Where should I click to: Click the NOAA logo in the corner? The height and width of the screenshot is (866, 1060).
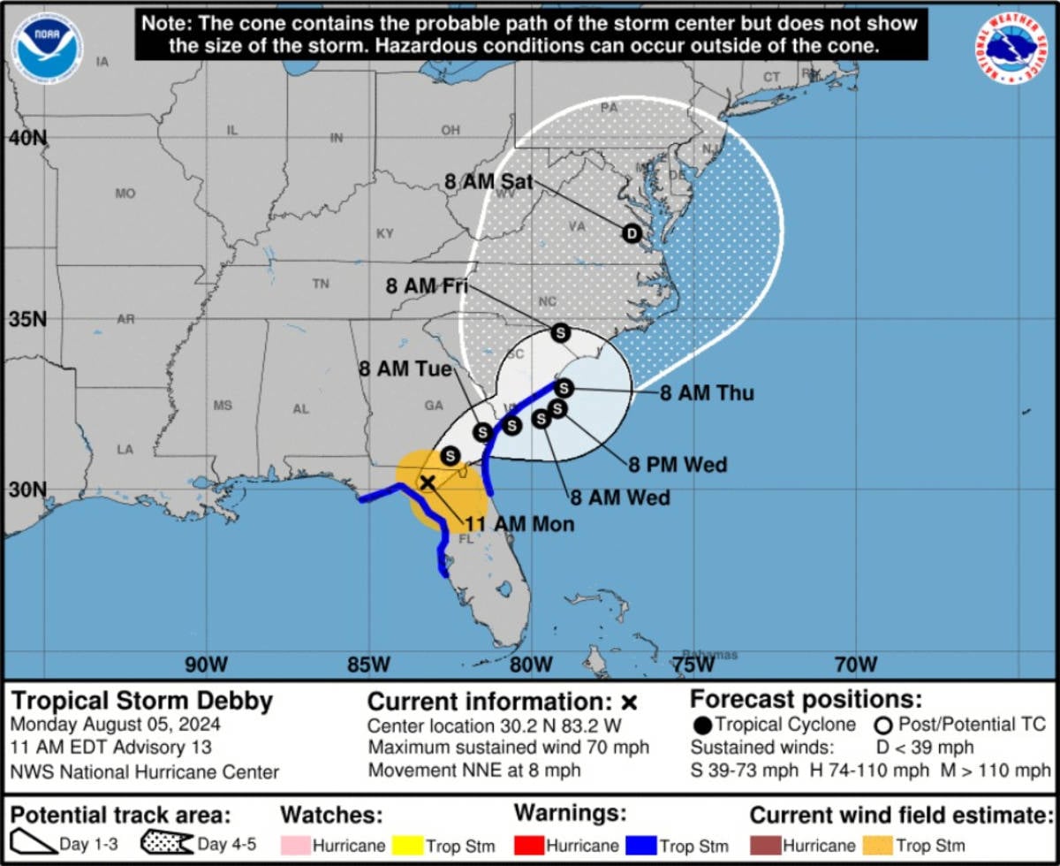click(48, 45)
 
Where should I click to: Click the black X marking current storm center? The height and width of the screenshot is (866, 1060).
click(427, 482)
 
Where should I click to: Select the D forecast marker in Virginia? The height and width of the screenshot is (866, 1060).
click(631, 233)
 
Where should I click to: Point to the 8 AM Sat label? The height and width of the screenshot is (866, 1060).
click(488, 182)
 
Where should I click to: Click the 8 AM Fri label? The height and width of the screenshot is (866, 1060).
click(427, 285)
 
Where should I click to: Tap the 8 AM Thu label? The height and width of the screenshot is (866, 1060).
click(707, 393)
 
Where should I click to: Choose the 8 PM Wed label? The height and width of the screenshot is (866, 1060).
click(678, 464)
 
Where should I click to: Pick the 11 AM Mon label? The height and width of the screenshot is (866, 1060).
click(519, 524)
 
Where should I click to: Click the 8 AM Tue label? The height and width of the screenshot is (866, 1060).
click(405, 368)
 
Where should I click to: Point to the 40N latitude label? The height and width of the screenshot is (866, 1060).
click(27, 139)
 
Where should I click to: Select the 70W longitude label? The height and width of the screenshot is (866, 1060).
click(855, 664)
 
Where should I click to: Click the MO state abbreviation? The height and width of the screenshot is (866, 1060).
click(125, 193)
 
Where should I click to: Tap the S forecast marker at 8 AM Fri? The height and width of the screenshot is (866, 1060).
click(560, 333)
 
